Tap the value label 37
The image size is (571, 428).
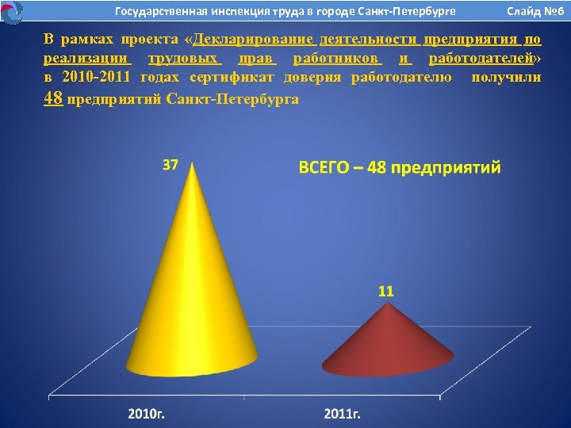[x=171, y=165]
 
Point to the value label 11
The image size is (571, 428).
[x=385, y=291]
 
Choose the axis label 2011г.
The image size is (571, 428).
[x=343, y=414]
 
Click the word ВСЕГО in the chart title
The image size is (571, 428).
[x=325, y=168]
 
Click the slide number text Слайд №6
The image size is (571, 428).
[x=535, y=12]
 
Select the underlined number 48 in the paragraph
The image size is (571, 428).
[x=53, y=97]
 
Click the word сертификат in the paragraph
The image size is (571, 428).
[x=229, y=77]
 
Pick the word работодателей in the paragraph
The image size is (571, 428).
[x=479, y=59]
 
